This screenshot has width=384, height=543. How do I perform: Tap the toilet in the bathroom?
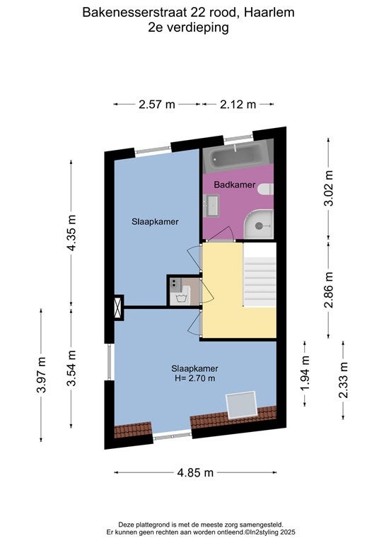pos(267,189)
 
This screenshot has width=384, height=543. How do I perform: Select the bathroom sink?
pos(211,205)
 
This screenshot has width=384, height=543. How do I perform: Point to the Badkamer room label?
pos(234,185)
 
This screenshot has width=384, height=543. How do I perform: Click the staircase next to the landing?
pos(260,274)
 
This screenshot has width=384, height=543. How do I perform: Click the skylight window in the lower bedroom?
pos(241,405)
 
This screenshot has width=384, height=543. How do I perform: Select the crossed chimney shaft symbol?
pos(118,308)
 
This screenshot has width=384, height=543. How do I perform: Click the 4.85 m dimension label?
pos(195,472)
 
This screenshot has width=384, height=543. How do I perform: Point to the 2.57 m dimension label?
pos(157,104)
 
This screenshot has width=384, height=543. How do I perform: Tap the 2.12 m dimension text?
pos(238,104)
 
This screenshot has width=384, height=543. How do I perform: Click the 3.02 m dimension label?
pos(329,188)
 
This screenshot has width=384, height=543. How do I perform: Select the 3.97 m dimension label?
pos(41,375)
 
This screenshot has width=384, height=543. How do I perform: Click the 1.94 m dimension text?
pos(305,373)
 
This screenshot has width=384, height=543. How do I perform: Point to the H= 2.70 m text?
pos(195,378)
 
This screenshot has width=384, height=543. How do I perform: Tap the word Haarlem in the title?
pos(269,13)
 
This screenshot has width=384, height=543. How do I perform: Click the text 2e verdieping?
pos(188,28)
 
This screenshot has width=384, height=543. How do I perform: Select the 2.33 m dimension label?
pos(343,380)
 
